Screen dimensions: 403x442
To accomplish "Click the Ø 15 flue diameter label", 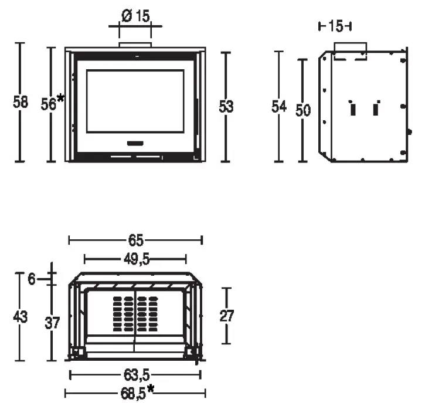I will click(135, 16).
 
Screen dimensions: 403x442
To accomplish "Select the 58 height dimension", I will click(21, 102).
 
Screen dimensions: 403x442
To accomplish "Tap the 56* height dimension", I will click(52, 103).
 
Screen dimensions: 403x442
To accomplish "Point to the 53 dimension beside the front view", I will click(226, 106).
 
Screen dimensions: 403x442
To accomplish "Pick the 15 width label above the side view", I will click(335, 26).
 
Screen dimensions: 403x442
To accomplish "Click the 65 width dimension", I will click(135, 240).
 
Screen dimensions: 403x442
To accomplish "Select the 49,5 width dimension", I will click(135, 259).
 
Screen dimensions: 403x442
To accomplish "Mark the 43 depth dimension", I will click(21, 317).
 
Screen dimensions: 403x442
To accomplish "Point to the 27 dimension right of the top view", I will click(227, 316).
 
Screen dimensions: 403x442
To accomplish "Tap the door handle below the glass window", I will click(135, 143).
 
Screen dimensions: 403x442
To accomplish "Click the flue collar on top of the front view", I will click(135, 45).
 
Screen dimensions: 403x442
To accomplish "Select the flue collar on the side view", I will click(350, 49).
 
